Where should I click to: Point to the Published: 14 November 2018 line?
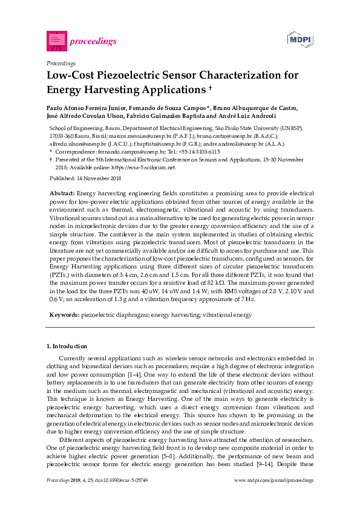[x=85, y=179]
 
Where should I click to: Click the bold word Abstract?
[x=62, y=192]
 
